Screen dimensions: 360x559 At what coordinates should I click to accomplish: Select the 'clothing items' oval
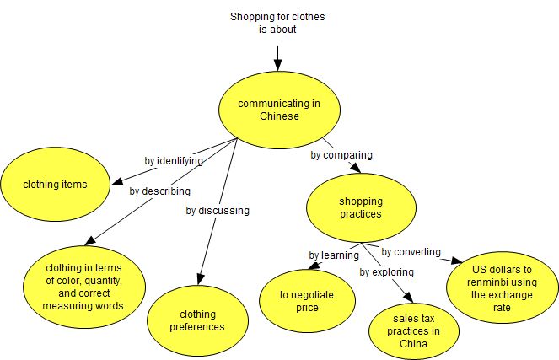[55, 183]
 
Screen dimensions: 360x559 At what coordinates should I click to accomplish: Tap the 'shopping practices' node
[360, 207]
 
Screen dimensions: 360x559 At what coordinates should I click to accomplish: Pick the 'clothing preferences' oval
[202, 320]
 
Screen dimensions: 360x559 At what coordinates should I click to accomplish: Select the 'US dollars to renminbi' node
[502, 284]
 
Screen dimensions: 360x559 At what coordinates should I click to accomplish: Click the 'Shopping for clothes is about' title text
[278, 23]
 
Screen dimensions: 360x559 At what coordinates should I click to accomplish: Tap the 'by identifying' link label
[175, 160]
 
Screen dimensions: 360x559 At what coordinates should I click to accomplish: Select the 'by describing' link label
[159, 191]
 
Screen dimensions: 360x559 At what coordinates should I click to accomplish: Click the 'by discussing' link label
[217, 210]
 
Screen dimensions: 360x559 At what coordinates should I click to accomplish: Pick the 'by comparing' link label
[341, 155]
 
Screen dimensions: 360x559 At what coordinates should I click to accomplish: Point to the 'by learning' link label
[335, 255]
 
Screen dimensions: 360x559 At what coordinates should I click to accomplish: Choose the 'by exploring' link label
[386, 272]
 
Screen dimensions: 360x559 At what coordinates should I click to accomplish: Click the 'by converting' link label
[411, 251]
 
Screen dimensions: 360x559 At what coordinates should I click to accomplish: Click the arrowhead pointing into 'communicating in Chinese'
[278, 65]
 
